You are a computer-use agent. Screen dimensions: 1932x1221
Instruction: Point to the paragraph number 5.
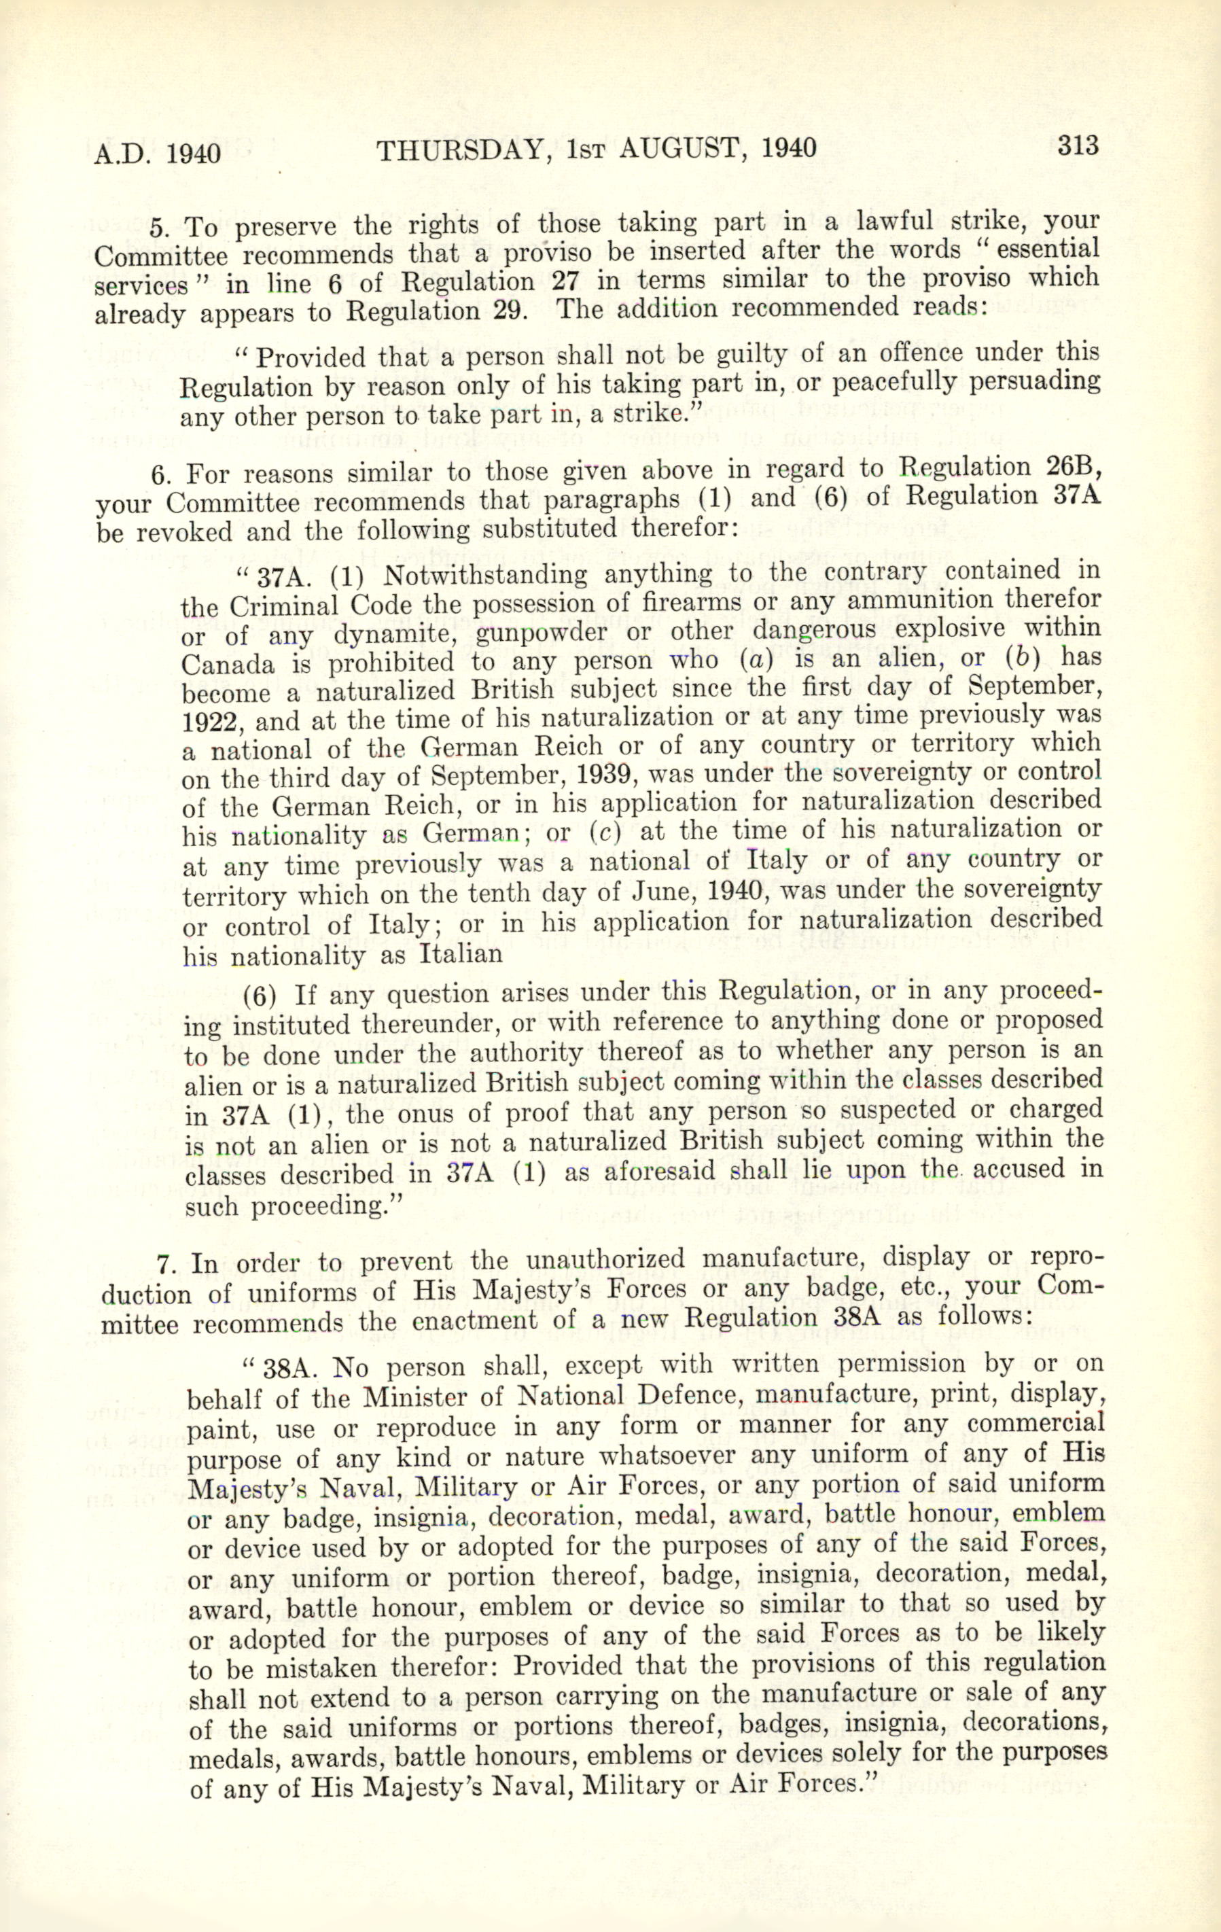click(x=159, y=228)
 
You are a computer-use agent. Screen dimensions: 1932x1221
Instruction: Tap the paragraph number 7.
click(x=165, y=1265)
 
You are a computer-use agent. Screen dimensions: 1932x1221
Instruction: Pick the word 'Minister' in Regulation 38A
click(x=412, y=1399)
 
